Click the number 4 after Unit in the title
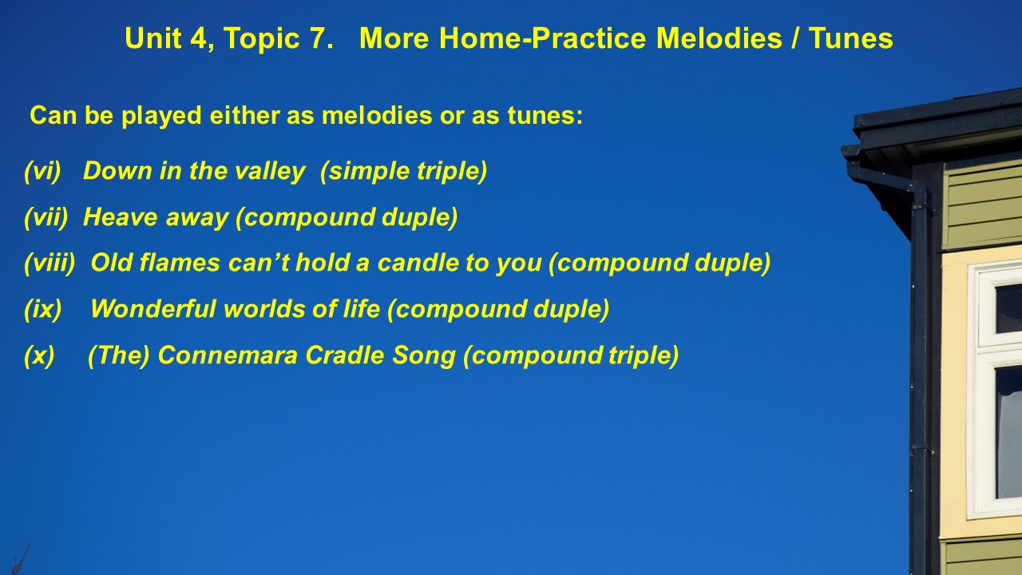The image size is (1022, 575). coord(199,38)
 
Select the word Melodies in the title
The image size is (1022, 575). coord(719,38)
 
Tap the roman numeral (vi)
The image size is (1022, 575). coord(42,172)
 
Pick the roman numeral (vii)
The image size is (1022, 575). coord(46,218)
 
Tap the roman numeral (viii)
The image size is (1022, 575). coord(50,264)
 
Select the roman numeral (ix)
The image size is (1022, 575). coord(43,310)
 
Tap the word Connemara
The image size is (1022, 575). coord(228,355)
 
